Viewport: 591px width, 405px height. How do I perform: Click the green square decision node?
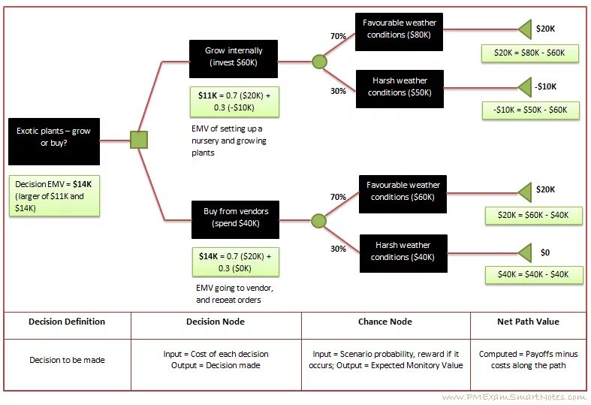[x=139, y=140]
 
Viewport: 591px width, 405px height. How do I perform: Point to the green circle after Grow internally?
[x=319, y=61]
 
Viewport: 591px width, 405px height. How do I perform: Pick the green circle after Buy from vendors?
[x=318, y=221]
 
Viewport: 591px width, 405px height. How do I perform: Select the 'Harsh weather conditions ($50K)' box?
[x=400, y=88]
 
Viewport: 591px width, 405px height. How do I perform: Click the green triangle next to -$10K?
[x=523, y=87]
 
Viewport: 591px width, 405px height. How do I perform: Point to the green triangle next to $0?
[x=523, y=252]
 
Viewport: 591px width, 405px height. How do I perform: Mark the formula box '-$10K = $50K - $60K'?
[x=531, y=110]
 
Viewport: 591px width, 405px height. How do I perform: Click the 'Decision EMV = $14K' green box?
[x=53, y=196]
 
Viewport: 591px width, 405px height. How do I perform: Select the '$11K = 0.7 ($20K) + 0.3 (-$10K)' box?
[x=234, y=101]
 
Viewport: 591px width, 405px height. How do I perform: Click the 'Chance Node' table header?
[x=385, y=322]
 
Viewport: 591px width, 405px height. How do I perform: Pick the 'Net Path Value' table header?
[x=528, y=322]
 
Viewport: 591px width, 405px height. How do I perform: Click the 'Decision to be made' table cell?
[x=68, y=360]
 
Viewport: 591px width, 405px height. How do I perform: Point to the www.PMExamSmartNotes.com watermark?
[x=513, y=397]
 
